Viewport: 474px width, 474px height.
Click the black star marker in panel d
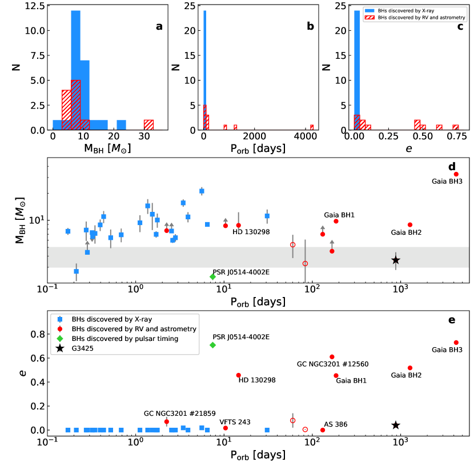coord(395,260)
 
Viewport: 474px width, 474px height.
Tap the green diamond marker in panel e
coord(212,345)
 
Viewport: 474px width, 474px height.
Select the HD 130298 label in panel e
coord(257,380)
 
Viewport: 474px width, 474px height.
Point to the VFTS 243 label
coord(235,422)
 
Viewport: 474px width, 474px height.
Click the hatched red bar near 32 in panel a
coord(148,125)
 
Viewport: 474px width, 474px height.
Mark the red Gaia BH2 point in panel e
coord(410,368)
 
